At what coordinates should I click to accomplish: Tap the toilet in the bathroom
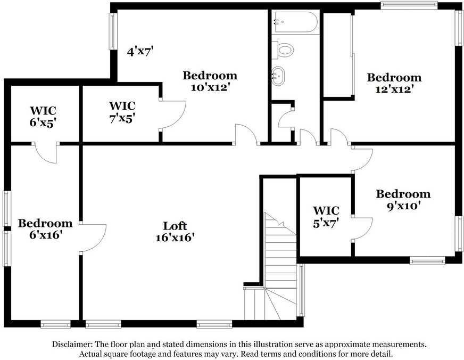click(283, 50)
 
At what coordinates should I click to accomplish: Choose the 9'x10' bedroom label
click(403, 200)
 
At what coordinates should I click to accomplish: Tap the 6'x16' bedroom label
click(45, 229)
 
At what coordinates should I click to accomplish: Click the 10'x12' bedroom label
click(210, 81)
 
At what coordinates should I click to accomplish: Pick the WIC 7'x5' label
click(122, 112)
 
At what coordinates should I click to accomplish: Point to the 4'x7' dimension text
click(140, 52)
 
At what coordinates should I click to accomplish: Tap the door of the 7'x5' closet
click(171, 113)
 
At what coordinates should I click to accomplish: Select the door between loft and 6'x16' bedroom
click(93, 237)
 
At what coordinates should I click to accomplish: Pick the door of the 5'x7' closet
click(361, 229)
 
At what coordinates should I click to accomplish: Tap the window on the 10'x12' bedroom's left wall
click(112, 31)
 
